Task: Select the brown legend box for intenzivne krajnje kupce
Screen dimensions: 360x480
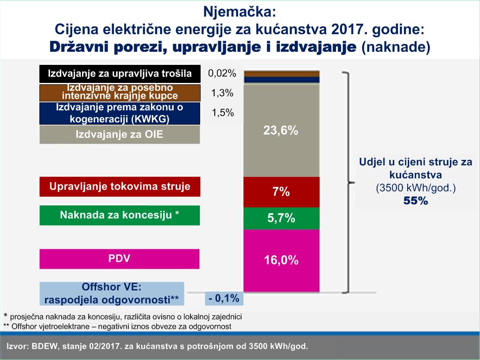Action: (x=120, y=92)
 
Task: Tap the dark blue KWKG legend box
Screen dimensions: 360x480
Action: (x=120, y=114)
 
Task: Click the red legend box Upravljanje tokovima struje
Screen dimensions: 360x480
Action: (x=120, y=187)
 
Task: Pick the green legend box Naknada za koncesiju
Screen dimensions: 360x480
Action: (x=120, y=215)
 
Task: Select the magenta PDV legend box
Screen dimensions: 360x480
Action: (x=120, y=259)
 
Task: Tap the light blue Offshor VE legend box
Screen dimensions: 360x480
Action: (x=112, y=293)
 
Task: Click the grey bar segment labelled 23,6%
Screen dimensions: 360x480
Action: (x=281, y=131)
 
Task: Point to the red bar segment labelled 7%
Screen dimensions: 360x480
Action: (x=281, y=192)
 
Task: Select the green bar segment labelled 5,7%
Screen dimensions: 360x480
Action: (x=281, y=218)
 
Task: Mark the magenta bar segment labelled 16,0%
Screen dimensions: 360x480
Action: (x=281, y=260)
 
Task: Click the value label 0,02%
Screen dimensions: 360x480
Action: (x=222, y=73)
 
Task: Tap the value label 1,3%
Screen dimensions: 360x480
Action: (x=222, y=93)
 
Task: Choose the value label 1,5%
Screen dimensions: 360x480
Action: (x=222, y=113)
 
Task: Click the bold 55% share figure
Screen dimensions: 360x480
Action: (x=415, y=202)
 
